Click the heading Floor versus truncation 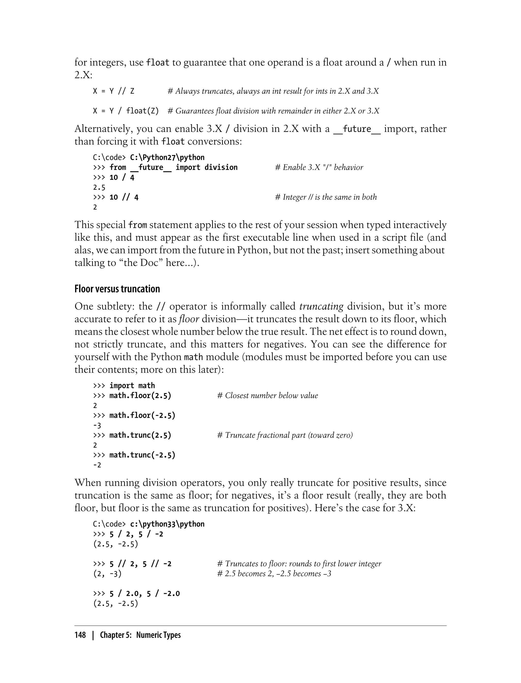point(117,289)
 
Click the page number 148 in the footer point(80,635)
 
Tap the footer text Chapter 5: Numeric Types point(140,635)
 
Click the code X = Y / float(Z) point(126,111)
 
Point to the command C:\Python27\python point(167,157)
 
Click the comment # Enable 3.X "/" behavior point(319,168)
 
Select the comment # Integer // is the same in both point(326,197)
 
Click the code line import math point(132,386)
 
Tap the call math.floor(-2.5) point(142,415)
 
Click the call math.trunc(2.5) point(140,435)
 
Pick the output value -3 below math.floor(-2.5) point(97,425)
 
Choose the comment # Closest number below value point(268,396)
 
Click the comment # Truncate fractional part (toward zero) point(285,435)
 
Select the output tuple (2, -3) point(107,574)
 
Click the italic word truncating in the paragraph point(321,307)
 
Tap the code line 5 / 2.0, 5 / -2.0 point(144,594)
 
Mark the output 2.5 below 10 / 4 point(99,188)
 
